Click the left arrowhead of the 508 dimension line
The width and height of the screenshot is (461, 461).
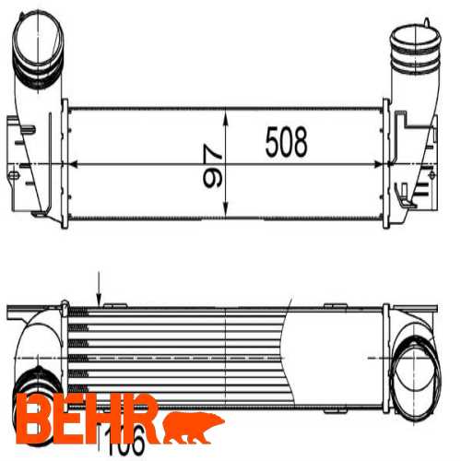click(x=75, y=163)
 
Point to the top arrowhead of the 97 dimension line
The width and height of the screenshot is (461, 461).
click(x=227, y=112)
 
